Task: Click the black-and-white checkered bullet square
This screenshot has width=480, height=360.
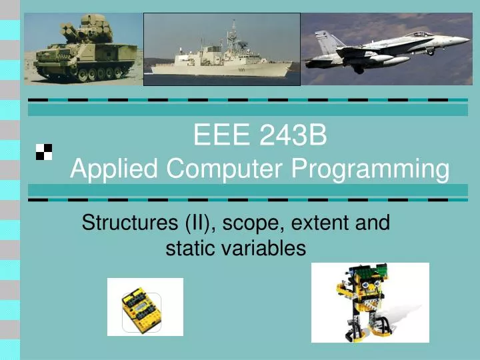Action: tap(44, 152)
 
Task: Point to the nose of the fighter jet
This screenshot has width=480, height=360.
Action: tap(466, 39)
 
